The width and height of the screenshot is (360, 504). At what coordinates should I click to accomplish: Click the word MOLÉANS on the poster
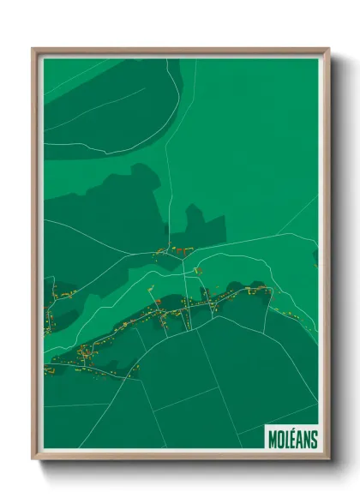(292, 439)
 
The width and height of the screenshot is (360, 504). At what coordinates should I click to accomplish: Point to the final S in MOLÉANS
(314, 439)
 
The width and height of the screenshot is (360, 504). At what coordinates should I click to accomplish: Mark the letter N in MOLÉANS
(307, 439)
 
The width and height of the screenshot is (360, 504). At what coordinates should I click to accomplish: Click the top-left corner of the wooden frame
(33, 49)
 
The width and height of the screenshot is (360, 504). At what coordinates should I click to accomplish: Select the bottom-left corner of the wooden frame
(33, 459)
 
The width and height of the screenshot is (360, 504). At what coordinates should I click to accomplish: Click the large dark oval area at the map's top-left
(103, 103)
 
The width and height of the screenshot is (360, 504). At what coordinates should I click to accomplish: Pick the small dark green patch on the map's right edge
(315, 256)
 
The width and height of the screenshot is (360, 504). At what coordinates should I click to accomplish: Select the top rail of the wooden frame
(180, 50)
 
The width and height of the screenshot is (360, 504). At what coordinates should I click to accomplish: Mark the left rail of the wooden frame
(35, 257)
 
